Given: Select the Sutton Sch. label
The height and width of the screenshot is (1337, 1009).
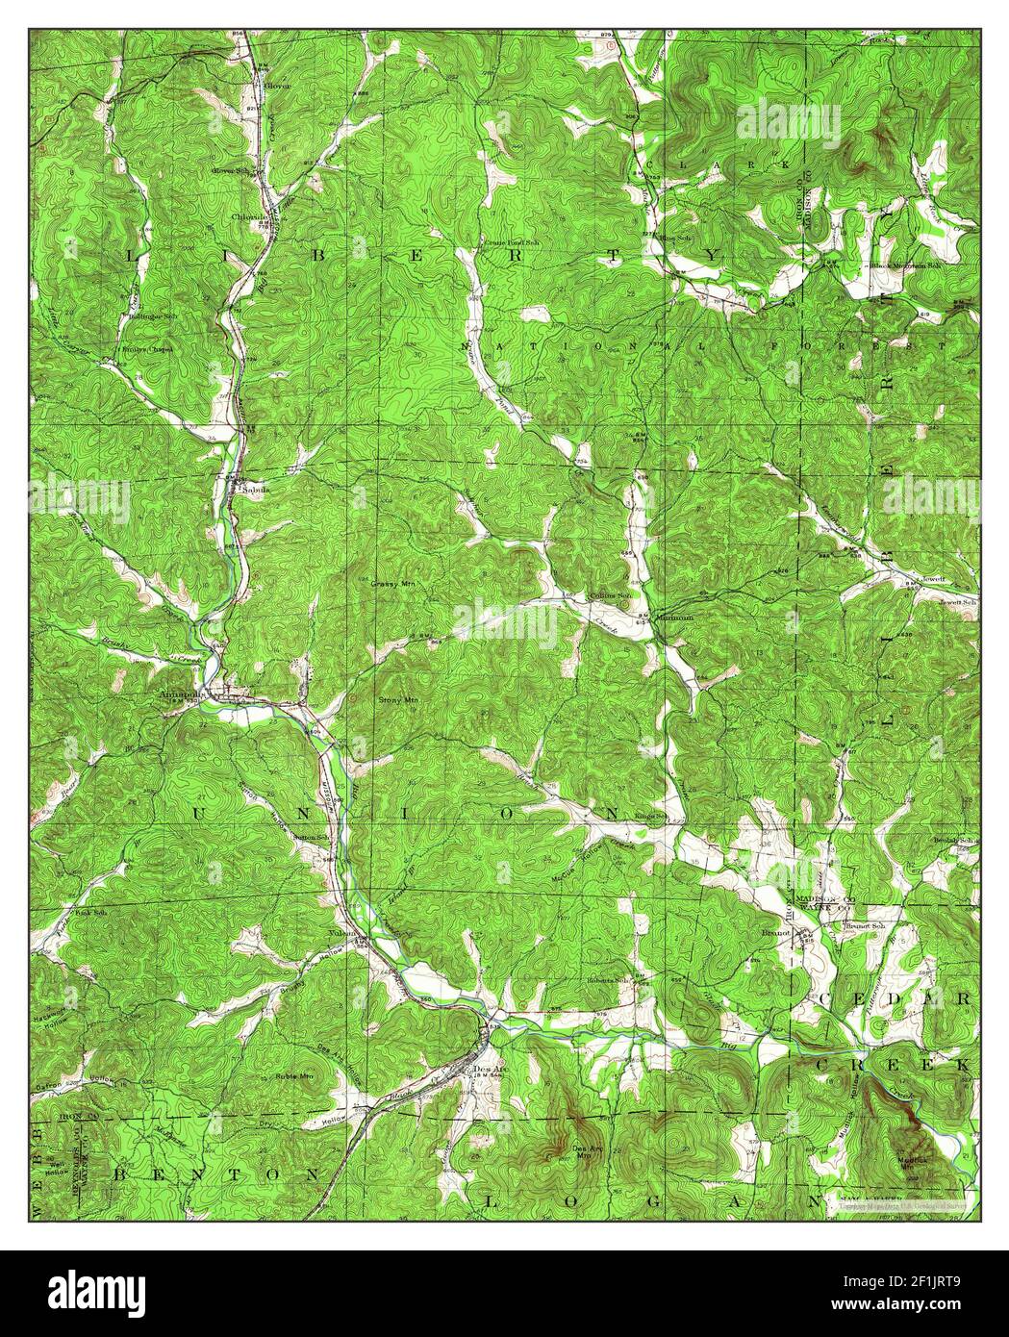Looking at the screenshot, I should point(304,838).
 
